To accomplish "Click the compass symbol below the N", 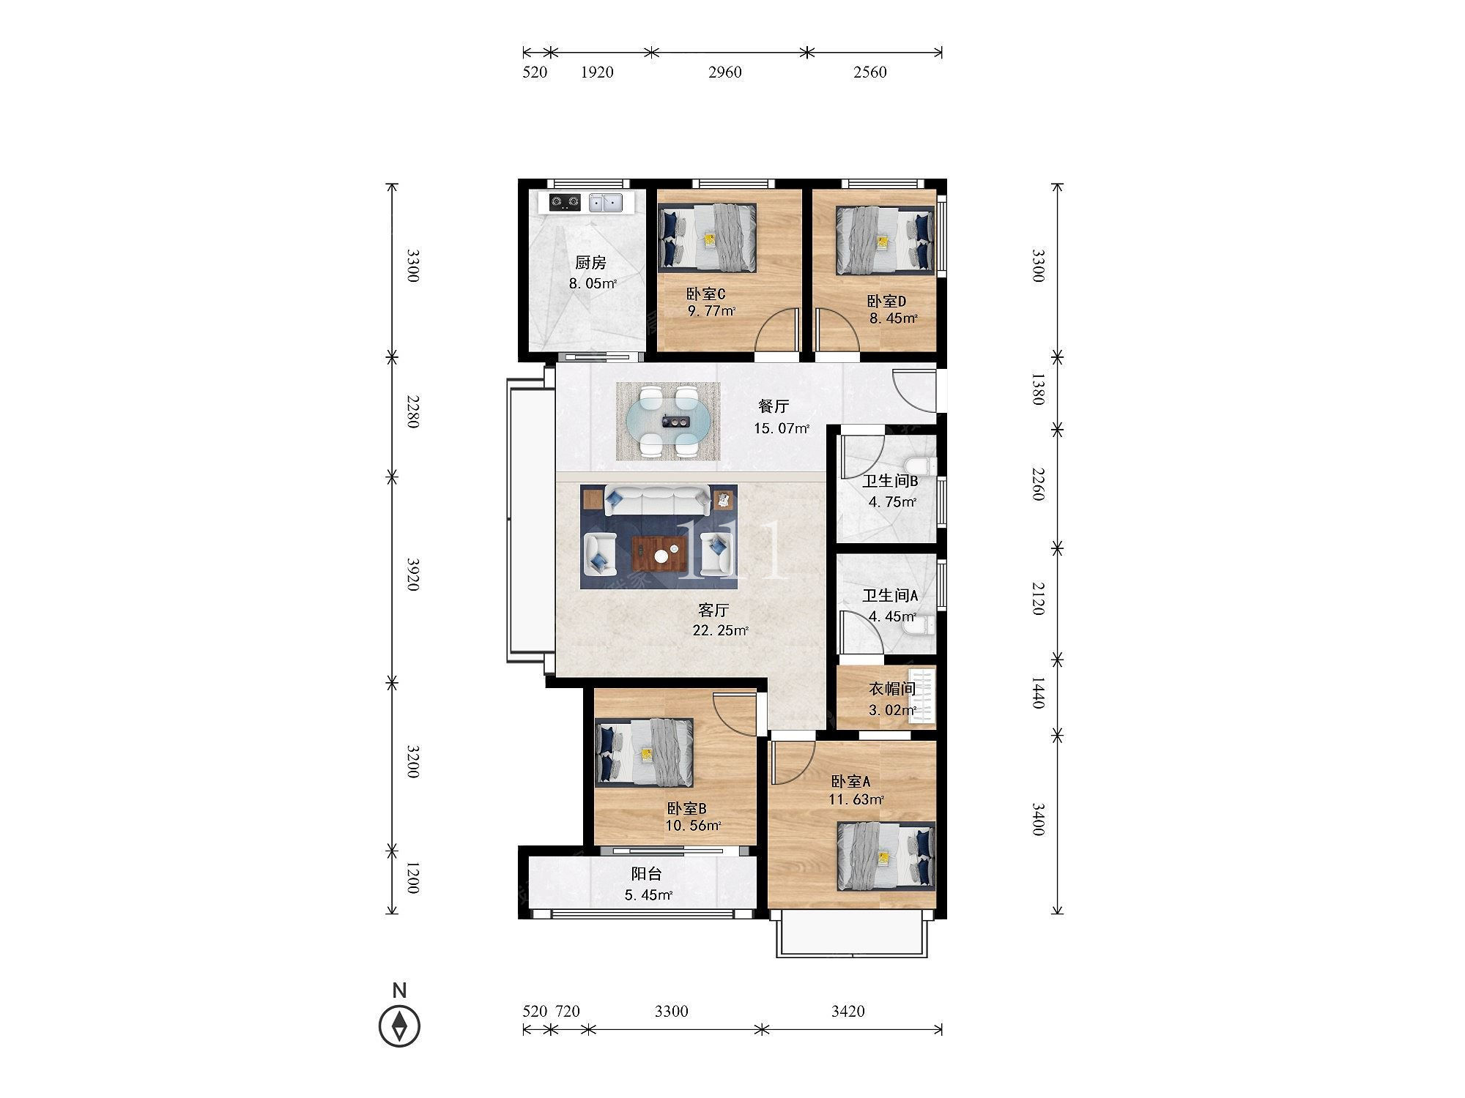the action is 399,1026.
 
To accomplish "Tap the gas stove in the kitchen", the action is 565,202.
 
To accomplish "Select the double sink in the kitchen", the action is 606,202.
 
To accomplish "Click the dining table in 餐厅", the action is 668,422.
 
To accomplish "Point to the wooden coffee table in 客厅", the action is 659,554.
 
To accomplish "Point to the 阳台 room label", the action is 647,874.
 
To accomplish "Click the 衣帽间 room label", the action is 892,689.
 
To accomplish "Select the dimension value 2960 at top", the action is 725,72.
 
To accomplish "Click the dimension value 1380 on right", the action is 1038,389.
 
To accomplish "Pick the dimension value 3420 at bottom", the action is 848,1012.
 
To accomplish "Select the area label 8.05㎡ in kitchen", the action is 593,284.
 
